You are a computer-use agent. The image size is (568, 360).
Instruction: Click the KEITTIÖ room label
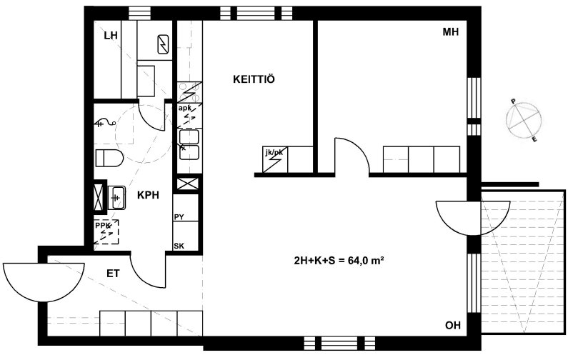[x=254, y=79]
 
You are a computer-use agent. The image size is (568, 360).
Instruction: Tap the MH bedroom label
[x=451, y=32]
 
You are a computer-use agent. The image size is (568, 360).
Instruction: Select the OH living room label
[x=453, y=325]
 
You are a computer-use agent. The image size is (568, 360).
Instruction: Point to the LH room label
[x=111, y=36]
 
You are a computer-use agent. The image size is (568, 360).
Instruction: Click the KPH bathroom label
[x=148, y=195]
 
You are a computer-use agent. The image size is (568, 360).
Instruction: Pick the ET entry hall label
[x=113, y=274]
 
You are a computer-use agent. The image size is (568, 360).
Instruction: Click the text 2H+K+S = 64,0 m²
[x=339, y=260]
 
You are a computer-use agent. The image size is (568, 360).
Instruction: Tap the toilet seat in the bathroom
[x=109, y=158]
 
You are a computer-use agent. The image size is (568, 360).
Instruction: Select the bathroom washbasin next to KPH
[x=116, y=197]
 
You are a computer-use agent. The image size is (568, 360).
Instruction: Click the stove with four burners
[x=189, y=92]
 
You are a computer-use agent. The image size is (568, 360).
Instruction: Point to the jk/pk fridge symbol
[x=274, y=160]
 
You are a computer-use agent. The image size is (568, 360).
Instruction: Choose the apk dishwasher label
[x=185, y=108]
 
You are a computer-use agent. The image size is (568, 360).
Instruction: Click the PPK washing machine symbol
[x=106, y=231]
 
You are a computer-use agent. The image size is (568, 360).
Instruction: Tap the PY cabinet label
[x=179, y=217]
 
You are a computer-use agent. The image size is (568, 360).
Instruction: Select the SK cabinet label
[x=179, y=246]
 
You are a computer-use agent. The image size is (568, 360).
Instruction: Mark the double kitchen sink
[x=189, y=144]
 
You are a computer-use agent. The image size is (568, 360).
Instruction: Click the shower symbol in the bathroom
[x=105, y=124]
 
